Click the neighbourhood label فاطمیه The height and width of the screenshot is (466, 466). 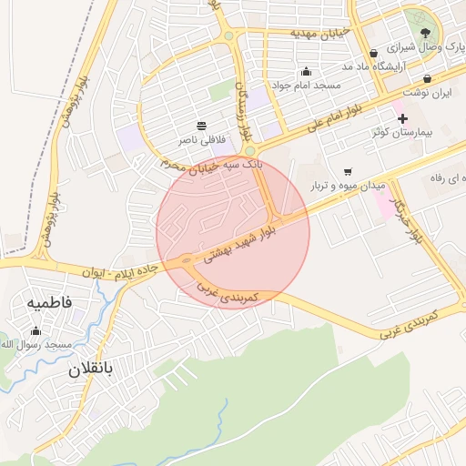49,301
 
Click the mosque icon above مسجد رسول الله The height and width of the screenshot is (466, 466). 35,330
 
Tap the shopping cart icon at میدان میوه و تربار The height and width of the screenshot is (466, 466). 349,171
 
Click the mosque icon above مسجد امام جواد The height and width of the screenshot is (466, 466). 306,72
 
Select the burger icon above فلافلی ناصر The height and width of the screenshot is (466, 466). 201,126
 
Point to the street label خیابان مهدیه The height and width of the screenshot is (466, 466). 319,33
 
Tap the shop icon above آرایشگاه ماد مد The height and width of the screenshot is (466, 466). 373,53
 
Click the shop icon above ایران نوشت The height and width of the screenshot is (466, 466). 428,79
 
